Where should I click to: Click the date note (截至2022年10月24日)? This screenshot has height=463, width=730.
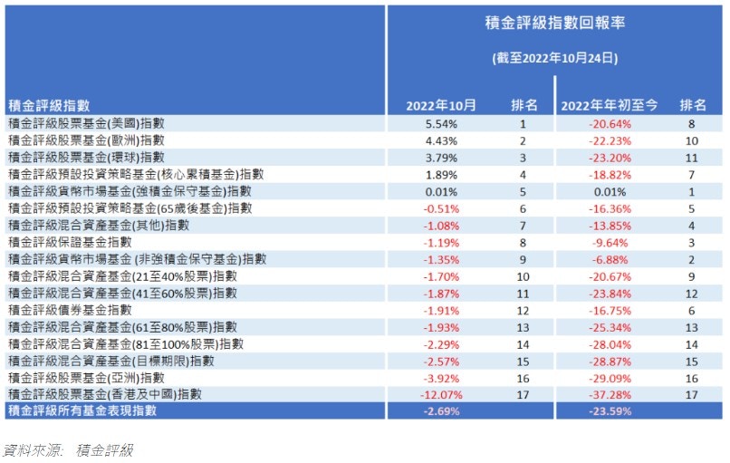pos(555,58)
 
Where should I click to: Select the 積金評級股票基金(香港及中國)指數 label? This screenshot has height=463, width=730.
pos(103,394)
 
